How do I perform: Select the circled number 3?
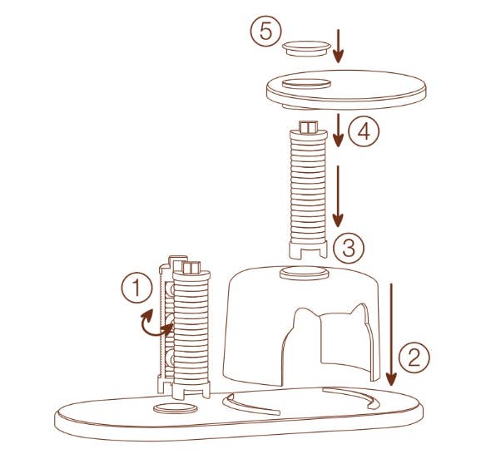pos(349,247)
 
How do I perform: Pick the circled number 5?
pos(264,33)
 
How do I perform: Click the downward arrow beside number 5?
pos(337,45)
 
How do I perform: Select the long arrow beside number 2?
pos(392,333)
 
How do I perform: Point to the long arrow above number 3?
pos(337,195)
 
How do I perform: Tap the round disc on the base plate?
pos(177,407)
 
